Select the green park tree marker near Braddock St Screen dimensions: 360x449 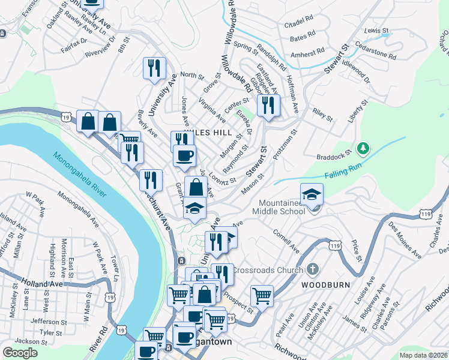pos(362,148)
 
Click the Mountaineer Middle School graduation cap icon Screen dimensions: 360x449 pos(312,194)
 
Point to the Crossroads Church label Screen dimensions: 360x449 pos(267,270)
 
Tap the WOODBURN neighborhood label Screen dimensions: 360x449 pos(325,284)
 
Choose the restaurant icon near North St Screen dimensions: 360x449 pos(155,68)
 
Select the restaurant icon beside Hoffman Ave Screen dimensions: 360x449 pos(268,105)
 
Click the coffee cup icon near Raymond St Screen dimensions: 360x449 pos(185,155)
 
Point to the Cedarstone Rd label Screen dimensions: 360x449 pos(376,52)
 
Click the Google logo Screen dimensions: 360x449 pos(20,352)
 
